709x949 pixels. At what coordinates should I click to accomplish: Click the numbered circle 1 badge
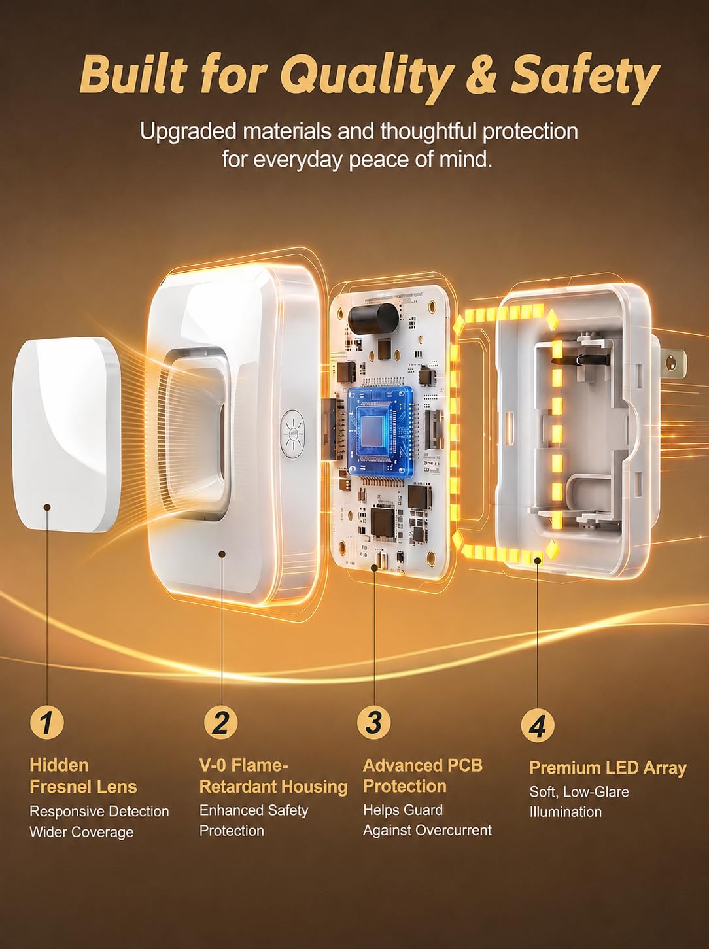[46, 723]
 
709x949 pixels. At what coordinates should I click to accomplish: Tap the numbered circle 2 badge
[221, 723]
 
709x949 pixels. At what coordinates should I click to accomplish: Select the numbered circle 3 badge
[374, 722]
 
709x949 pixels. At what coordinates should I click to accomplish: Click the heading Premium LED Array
[608, 768]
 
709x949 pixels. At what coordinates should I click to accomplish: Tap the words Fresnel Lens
[84, 787]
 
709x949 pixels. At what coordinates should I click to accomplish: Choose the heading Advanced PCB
[423, 765]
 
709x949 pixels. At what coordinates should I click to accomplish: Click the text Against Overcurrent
[427, 830]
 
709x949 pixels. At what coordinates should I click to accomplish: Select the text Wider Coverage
[82, 832]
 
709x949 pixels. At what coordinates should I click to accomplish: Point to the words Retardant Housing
[273, 787]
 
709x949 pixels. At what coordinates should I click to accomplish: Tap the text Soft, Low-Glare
[579, 792]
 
